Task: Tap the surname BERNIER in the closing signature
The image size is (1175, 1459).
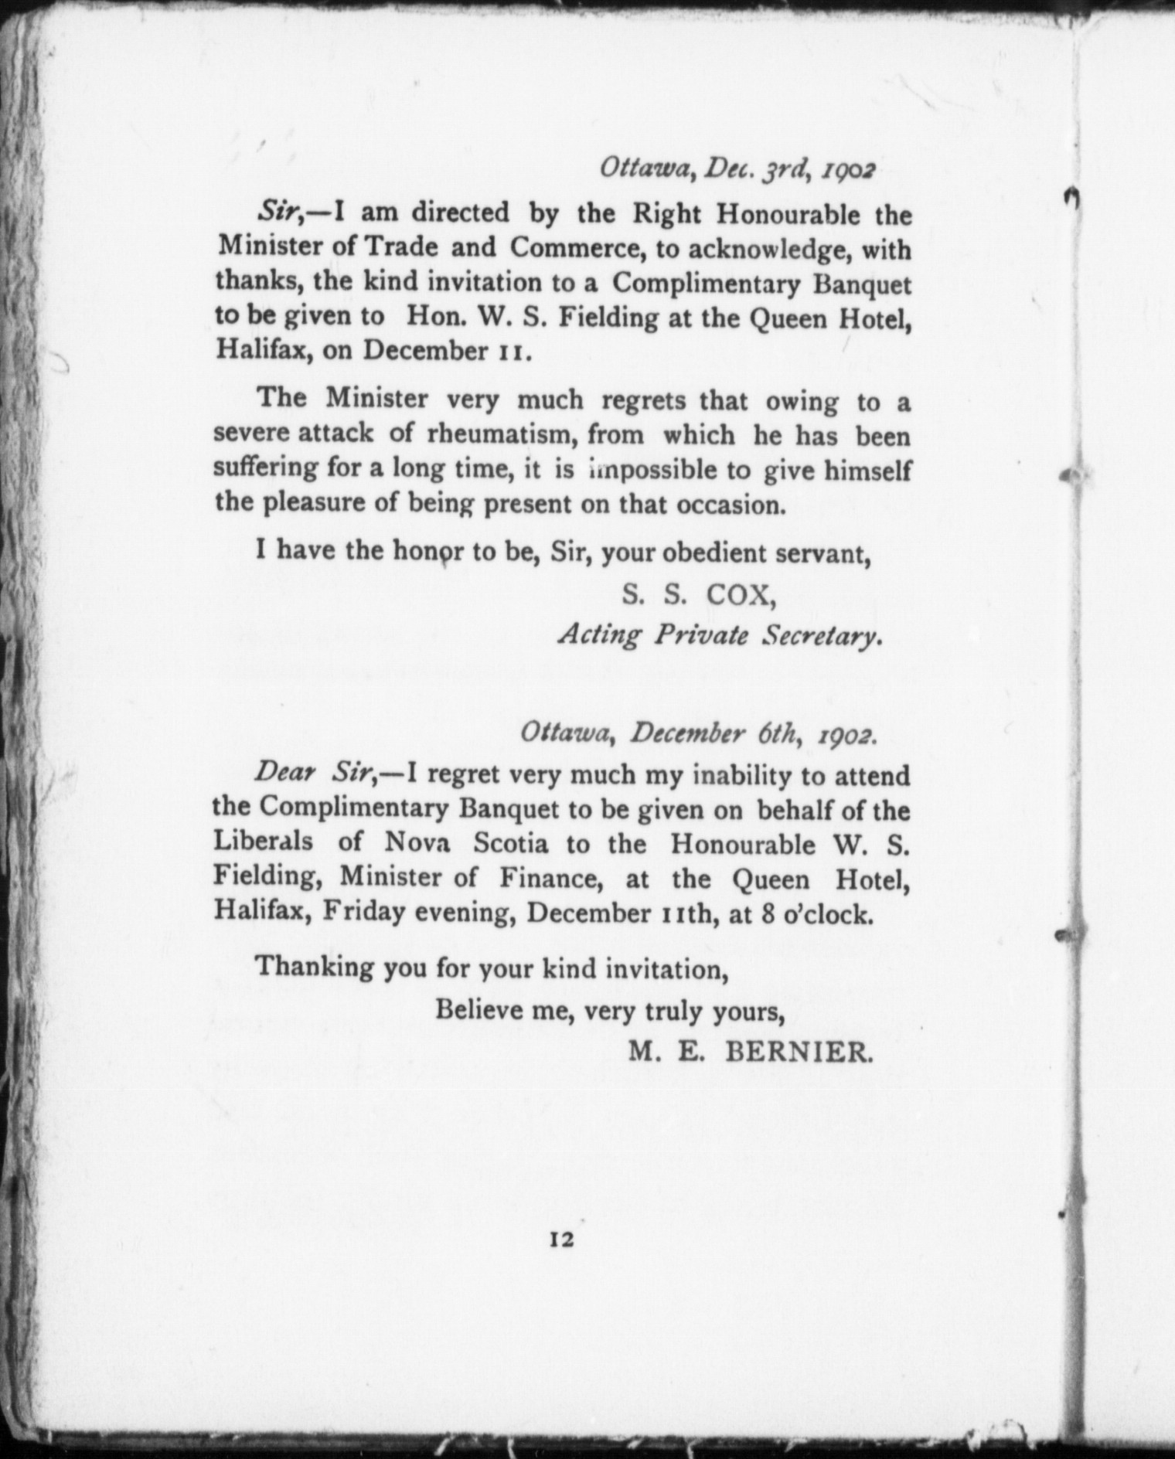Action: pyautogui.click(x=799, y=1052)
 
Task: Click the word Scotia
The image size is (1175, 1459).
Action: pyautogui.click(x=511, y=843)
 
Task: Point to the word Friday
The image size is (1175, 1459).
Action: pyautogui.click(x=364, y=913)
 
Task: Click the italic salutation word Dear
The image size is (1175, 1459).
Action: pyautogui.click(x=282, y=773)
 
